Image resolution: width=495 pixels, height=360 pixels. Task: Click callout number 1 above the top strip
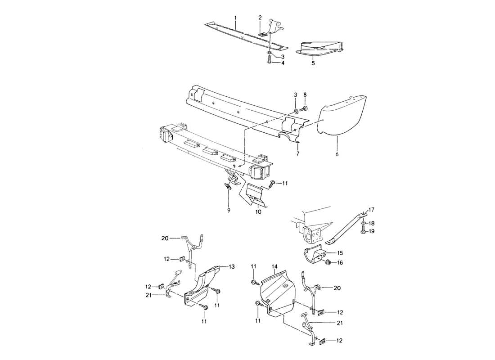coord(235,18)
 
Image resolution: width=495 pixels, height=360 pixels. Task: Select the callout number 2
coord(260,18)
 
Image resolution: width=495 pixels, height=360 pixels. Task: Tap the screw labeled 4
coord(269,63)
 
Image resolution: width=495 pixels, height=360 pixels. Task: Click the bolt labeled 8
coord(302,108)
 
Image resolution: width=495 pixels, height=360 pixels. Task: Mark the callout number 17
coord(372,209)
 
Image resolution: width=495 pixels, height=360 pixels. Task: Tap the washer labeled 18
coord(363,223)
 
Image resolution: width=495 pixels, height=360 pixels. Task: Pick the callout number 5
coord(314,63)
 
